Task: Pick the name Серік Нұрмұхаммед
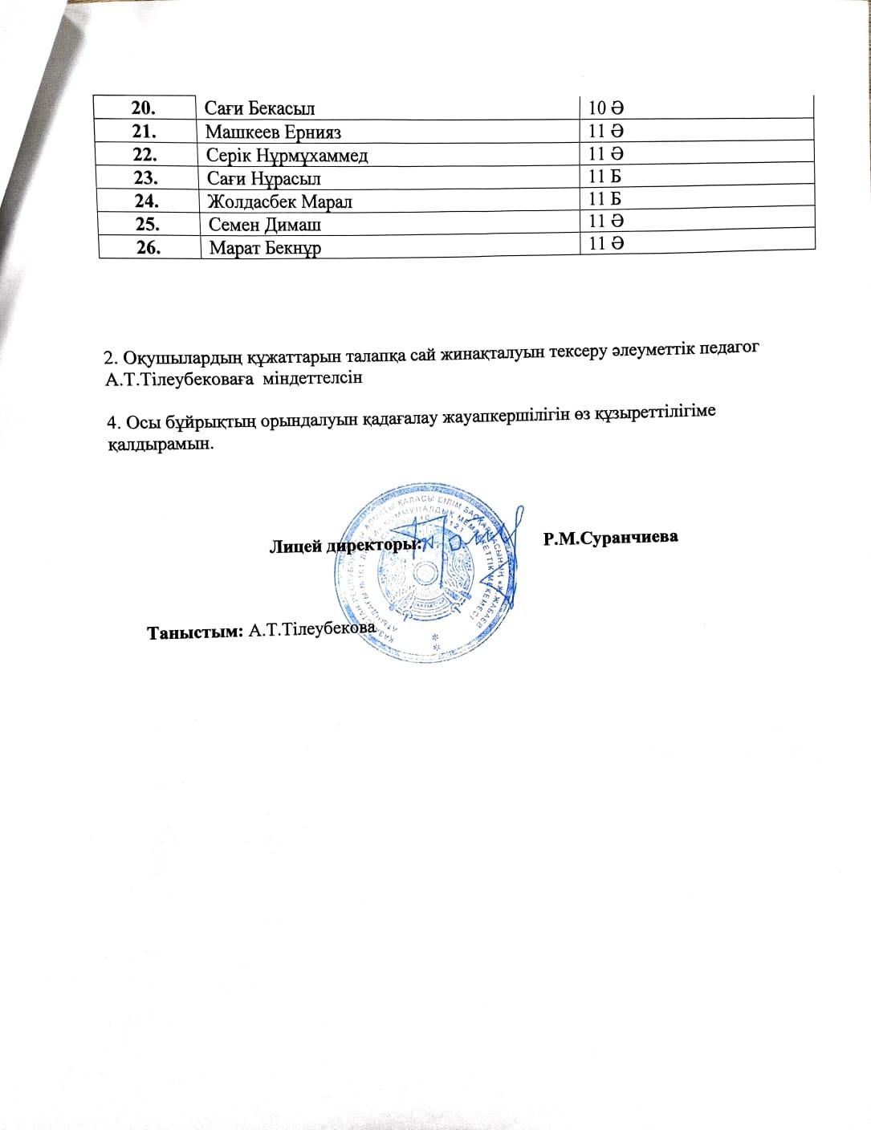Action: point(287,155)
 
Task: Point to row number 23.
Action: point(148,179)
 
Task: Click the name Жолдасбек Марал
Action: point(279,201)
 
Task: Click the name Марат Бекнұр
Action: point(265,248)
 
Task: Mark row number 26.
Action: point(150,248)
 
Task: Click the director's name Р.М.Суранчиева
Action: point(610,537)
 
